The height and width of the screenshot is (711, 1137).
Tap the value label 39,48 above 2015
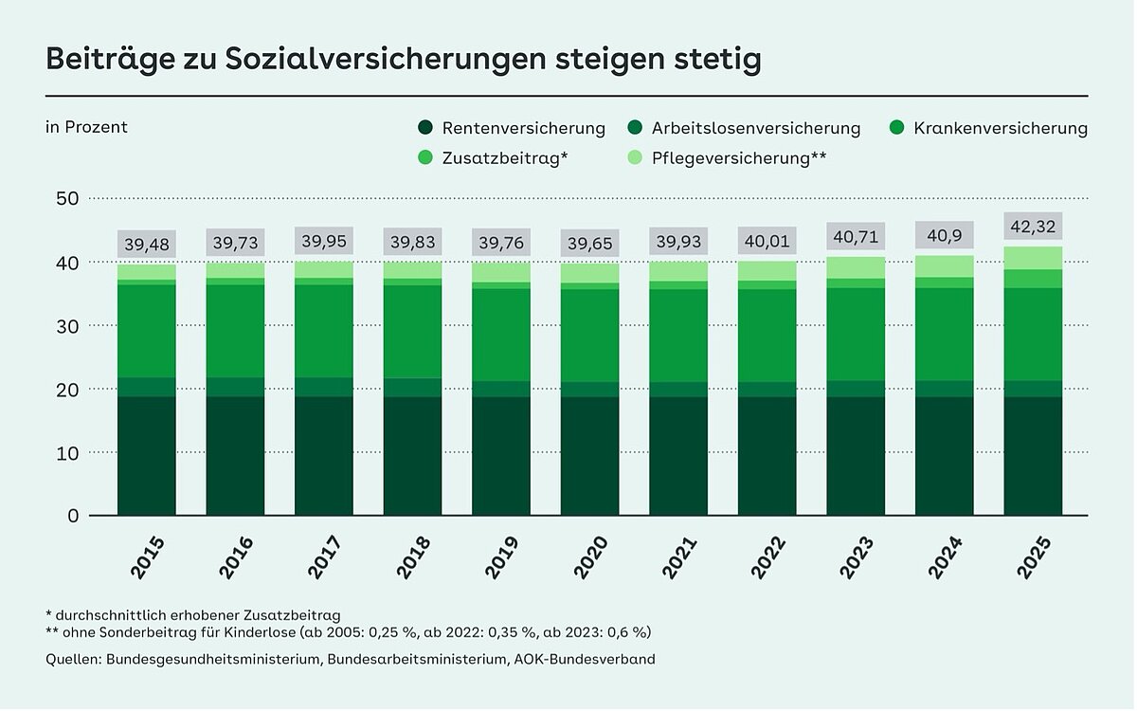[x=147, y=246]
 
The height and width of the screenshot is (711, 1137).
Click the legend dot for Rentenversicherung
[x=425, y=128]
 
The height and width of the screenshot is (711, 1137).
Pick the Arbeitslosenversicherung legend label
[x=756, y=128]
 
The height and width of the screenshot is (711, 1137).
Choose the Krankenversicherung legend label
[x=1001, y=128]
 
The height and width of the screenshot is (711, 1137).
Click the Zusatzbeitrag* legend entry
[x=504, y=157]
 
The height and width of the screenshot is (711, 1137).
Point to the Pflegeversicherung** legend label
[x=739, y=157]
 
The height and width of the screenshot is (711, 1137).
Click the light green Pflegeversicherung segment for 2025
[x=1033, y=258]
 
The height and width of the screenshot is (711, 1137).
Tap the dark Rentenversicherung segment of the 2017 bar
[x=324, y=455]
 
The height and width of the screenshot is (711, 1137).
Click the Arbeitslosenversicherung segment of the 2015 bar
[x=147, y=387]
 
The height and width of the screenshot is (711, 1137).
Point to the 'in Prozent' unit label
[x=86, y=127]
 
